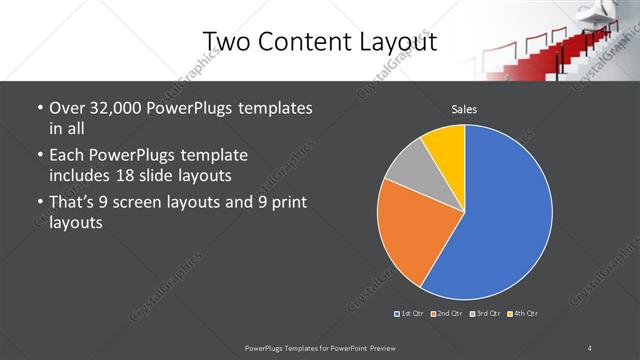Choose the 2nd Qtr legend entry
(448, 314)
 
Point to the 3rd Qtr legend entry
(486, 314)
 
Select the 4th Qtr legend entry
(523, 314)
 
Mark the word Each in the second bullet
(66, 155)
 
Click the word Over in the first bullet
(67, 108)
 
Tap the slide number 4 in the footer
(590, 346)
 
